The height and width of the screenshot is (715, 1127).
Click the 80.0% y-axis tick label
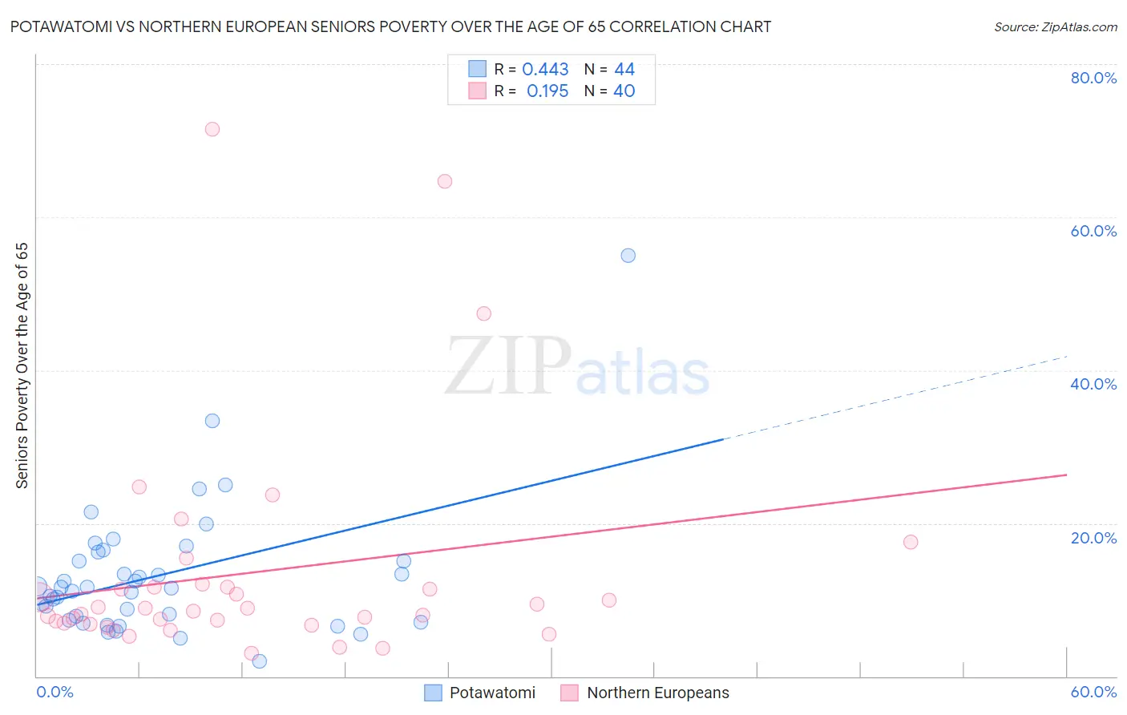coord(1093,78)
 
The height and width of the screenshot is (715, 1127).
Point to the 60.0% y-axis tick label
coord(1093,231)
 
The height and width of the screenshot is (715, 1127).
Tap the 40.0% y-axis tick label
coord(1093,384)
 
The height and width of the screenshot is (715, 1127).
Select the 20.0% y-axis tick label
coord(1093,537)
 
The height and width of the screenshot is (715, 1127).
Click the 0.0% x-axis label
coord(55,692)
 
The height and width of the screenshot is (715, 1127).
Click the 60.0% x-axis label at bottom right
coord(1093,692)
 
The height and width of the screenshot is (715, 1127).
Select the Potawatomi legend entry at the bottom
coord(491,693)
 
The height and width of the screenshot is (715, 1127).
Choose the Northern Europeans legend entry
coord(657,693)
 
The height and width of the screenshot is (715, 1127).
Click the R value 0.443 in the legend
coord(545,70)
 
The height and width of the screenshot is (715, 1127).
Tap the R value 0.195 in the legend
coord(547,91)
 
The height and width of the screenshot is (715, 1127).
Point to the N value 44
coord(624,70)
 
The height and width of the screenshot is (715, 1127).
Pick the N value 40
coord(624,91)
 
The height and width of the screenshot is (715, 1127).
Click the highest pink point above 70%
coord(212,129)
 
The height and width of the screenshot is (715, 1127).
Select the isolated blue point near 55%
coord(628,256)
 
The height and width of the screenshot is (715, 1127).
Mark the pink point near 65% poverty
coord(445,181)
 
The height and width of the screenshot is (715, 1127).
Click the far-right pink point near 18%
coord(911,542)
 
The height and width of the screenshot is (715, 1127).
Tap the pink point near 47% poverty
coord(483,313)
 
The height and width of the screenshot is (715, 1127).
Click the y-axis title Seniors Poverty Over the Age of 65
coord(22,366)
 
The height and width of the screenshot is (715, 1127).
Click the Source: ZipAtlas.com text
coord(1055,27)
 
